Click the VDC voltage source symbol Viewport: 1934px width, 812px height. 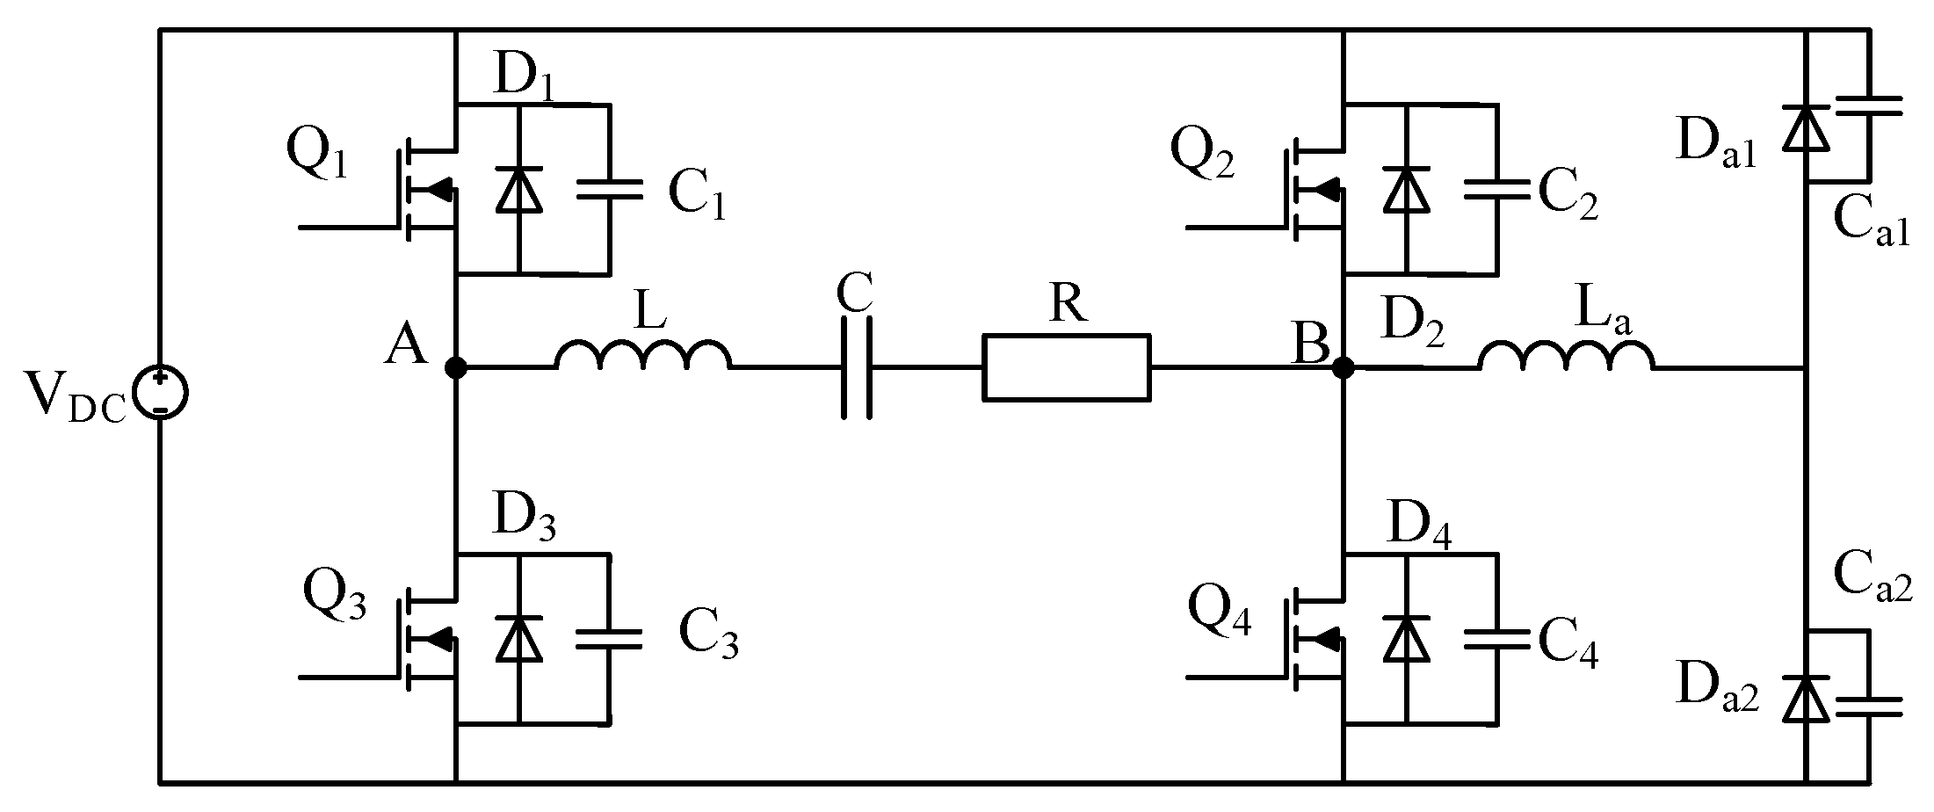click(160, 394)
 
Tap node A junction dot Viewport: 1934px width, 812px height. click(456, 368)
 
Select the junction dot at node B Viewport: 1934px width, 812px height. click(1343, 368)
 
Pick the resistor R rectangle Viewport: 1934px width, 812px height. click(1066, 368)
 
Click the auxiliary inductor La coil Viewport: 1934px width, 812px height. click(1567, 355)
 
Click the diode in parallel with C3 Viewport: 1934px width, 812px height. click(518, 639)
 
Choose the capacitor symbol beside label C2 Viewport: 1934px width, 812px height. click(1496, 191)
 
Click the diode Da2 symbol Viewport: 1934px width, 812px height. click(1805, 700)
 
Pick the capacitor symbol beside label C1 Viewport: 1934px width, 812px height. click(609, 191)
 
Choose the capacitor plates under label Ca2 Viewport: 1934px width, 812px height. click(1869, 706)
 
